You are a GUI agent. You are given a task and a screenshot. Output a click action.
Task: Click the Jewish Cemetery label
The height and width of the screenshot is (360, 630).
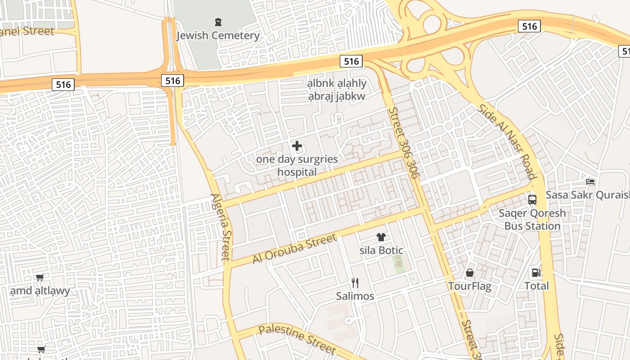pos(218,36)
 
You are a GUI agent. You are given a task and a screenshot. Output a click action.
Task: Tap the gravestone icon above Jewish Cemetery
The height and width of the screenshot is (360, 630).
pos(218,22)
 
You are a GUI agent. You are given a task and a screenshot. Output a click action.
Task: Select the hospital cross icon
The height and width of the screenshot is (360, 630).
pos(297,146)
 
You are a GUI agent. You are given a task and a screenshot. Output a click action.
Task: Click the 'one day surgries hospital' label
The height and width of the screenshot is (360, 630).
pos(297,165)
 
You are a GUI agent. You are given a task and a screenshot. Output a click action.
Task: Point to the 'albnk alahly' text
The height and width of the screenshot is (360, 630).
pos(337,83)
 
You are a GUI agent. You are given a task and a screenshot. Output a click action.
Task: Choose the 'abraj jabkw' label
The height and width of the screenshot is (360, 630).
pos(337,96)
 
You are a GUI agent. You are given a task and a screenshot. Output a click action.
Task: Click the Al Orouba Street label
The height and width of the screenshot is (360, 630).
pos(294,249)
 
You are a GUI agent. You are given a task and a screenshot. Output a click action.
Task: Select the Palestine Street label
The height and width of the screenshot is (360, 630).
pos(297,340)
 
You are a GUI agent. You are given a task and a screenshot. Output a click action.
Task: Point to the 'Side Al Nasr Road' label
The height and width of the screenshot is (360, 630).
pos(506,141)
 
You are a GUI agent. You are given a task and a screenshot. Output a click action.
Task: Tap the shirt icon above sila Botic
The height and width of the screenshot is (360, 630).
pos(381,237)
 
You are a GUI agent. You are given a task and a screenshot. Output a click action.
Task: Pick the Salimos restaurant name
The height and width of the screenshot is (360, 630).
pos(355,296)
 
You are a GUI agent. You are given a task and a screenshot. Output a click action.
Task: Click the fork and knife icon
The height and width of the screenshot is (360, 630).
pos(355,283)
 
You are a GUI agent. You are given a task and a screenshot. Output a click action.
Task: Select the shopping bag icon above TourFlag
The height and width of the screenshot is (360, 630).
pos(470,273)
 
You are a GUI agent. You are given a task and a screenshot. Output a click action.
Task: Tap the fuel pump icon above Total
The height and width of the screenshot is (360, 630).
pos(536,272)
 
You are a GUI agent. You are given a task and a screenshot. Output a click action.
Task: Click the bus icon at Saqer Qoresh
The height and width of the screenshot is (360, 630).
pos(532,199)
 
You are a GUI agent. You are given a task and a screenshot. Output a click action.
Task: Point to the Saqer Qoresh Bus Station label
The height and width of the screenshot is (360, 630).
pos(532,219)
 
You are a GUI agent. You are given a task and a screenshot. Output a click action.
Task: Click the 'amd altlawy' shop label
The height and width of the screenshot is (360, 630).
pos(40,291)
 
